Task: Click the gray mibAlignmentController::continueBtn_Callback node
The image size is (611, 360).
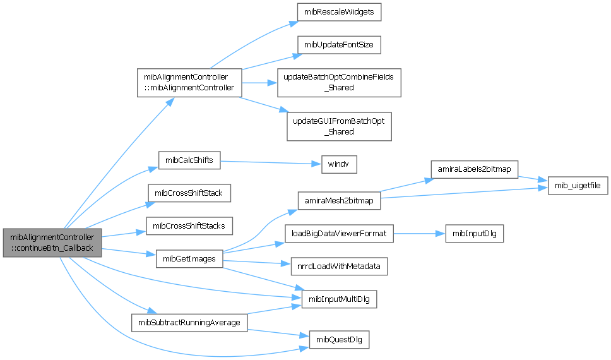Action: (x=52, y=243)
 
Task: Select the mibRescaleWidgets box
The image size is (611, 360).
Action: (x=339, y=12)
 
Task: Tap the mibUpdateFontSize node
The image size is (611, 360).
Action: (x=339, y=45)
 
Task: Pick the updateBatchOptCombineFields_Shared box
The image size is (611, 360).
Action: (x=339, y=82)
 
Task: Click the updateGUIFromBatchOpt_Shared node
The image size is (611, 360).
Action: (x=339, y=126)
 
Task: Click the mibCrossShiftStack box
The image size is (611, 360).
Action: (x=189, y=192)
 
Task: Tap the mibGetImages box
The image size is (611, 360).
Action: (x=189, y=258)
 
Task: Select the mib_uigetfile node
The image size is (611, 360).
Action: (x=578, y=186)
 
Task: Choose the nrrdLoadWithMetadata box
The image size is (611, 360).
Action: (x=338, y=267)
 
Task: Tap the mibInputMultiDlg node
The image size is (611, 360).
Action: (x=340, y=299)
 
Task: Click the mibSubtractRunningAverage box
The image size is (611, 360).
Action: (x=189, y=323)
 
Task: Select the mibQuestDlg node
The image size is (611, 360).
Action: (x=338, y=339)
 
